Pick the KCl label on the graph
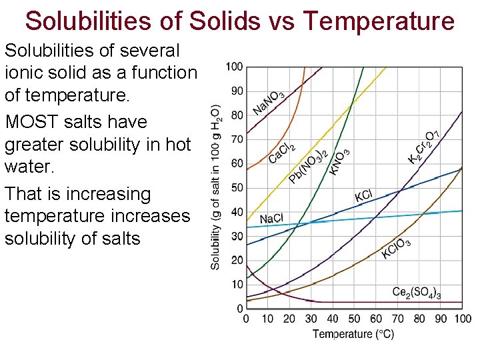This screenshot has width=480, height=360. tap(363, 196)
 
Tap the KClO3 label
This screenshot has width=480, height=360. tap(396, 249)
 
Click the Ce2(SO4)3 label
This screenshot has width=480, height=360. tap(417, 293)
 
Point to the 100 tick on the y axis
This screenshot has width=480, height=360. tap(235, 67)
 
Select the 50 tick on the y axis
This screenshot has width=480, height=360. tap(237, 188)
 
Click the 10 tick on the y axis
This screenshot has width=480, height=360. tap(237, 285)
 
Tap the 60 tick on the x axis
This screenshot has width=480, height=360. tap(376, 319)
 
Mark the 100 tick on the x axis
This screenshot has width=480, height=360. tap(462, 319)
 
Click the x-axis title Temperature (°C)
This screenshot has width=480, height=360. tap(353, 334)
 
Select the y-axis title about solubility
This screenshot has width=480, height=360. tap(215, 187)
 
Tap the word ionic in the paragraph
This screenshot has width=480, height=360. tap(24, 73)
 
